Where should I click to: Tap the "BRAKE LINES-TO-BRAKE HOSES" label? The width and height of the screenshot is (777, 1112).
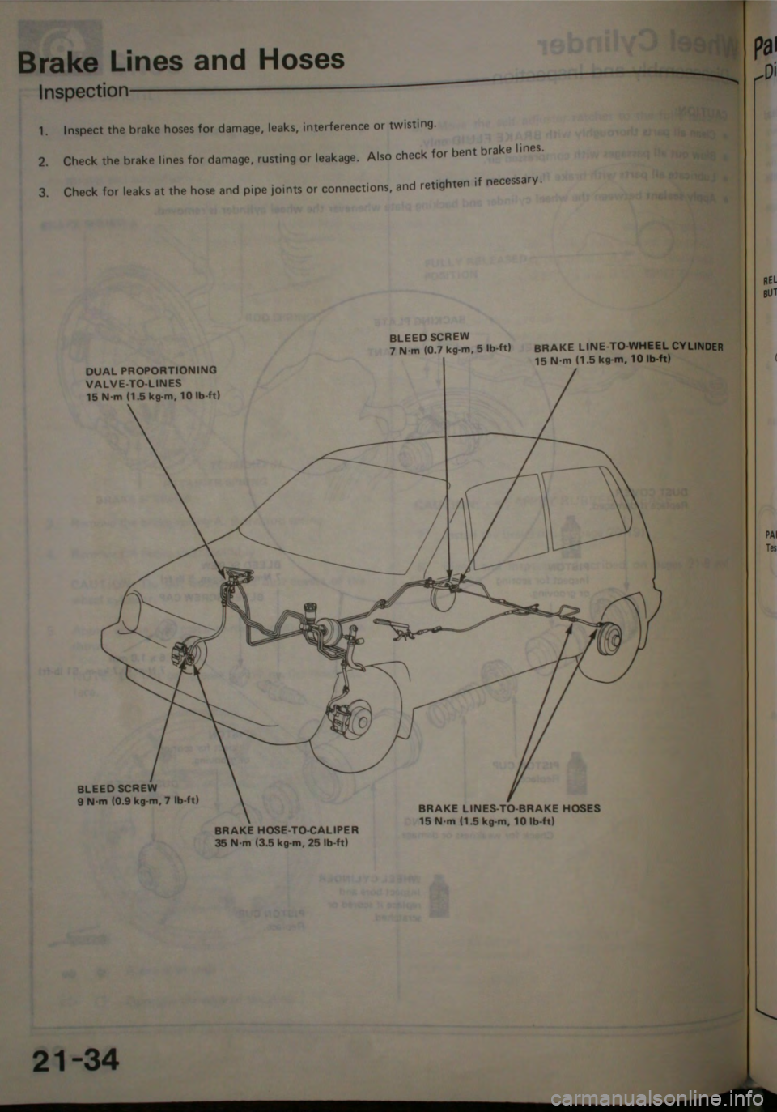pos(509,807)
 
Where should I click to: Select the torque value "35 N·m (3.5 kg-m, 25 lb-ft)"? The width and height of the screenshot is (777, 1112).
pos(282,841)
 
